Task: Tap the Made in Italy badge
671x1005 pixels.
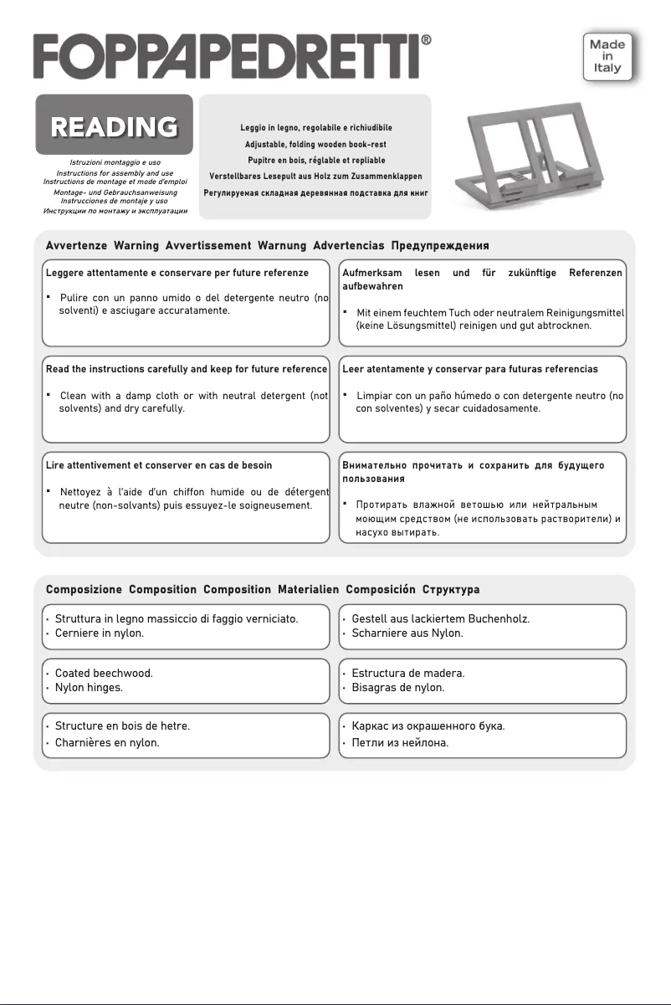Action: pos(608,55)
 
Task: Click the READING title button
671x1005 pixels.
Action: pos(114,126)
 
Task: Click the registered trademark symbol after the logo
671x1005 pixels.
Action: pos(426,40)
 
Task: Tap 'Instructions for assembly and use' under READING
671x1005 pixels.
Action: pos(115,172)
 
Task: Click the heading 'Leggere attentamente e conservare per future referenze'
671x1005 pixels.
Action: pos(177,273)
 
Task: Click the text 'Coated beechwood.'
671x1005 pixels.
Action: pos(104,672)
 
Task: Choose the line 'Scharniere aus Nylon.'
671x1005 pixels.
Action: pos(407,633)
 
